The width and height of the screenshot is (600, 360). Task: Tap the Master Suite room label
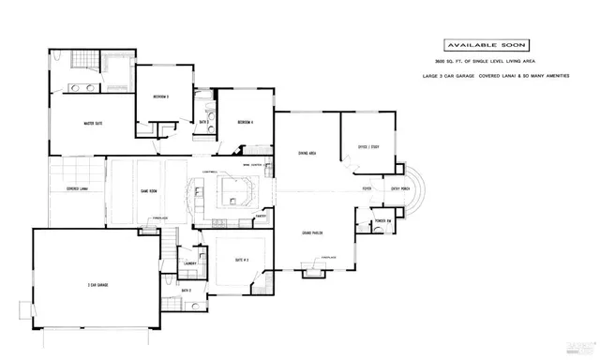(x=93, y=123)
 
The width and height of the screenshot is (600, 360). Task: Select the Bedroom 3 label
(x=160, y=97)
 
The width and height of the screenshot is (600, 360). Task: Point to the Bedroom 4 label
(x=247, y=123)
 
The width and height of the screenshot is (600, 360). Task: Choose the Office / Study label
(x=368, y=146)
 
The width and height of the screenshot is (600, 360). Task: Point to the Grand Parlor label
(x=312, y=232)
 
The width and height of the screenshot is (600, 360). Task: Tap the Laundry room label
(x=188, y=264)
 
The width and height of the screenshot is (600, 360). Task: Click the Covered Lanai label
(x=78, y=188)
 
